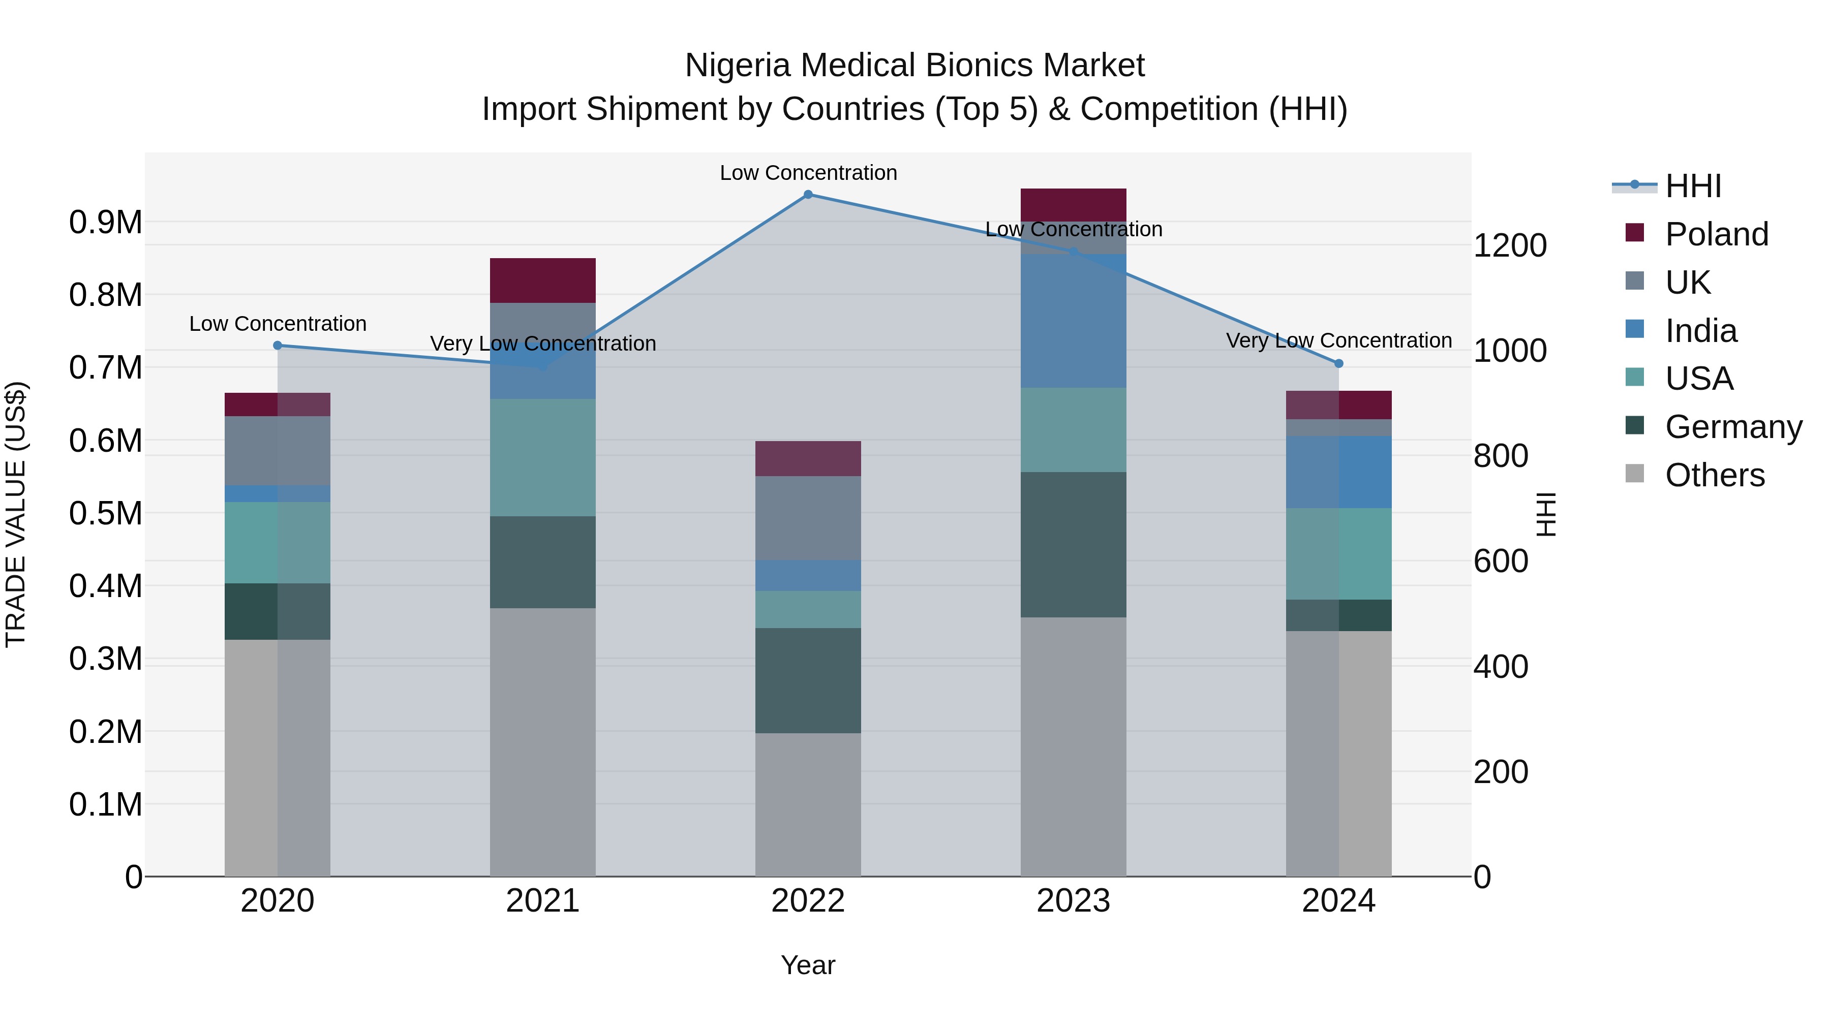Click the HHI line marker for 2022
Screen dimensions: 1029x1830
pyautogui.click(x=808, y=195)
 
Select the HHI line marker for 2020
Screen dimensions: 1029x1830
pyautogui.click(x=278, y=346)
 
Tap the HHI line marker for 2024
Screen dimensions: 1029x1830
pyautogui.click(x=1338, y=364)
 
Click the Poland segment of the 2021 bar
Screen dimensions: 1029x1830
pyautogui.click(x=543, y=280)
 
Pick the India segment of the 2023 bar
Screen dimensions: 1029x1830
pyautogui.click(x=1074, y=321)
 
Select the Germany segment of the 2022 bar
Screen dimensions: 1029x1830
pyautogui.click(x=808, y=680)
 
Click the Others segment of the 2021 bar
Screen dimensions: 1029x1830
pyautogui.click(x=543, y=742)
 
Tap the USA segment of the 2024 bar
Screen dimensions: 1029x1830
pyautogui.click(x=1338, y=554)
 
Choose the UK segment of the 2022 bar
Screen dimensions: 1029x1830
pyautogui.click(x=808, y=518)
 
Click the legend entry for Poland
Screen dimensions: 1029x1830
pyautogui.click(x=1716, y=234)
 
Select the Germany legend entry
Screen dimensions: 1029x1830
pyautogui.click(x=1733, y=427)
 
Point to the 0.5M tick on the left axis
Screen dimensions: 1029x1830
pyautogui.click(x=106, y=513)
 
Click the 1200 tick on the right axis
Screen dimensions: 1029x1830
pyautogui.click(x=1510, y=246)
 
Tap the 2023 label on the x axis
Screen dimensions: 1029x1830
pyautogui.click(x=1074, y=901)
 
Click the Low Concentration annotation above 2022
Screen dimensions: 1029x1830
pyautogui.click(x=808, y=173)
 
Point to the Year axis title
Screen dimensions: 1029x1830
pyautogui.click(x=808, y=965)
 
